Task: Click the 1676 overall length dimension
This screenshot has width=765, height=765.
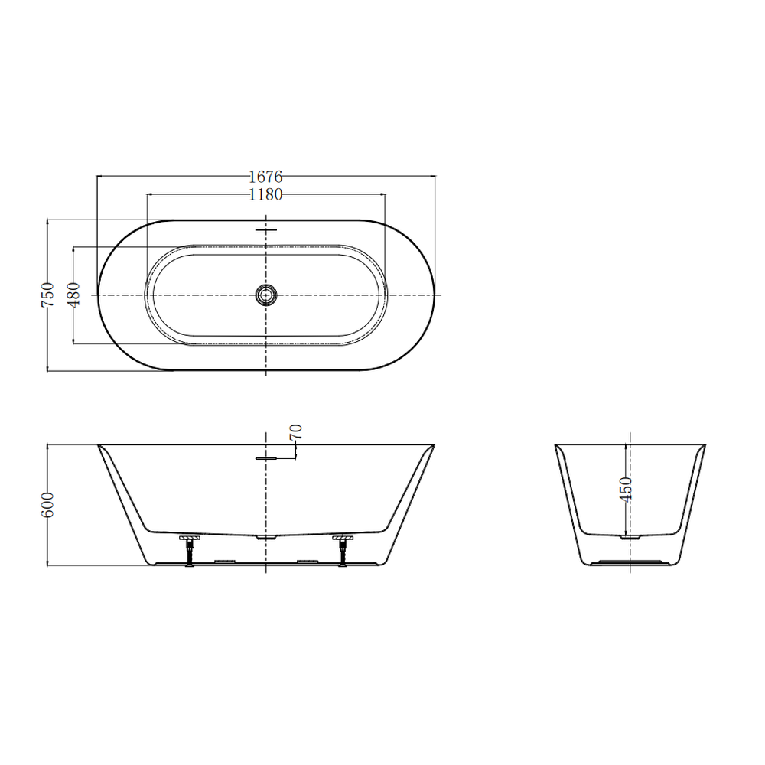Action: coord(266,176)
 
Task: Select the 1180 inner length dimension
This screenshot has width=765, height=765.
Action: coord(266,194)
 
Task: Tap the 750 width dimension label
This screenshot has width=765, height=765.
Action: coord(47,295)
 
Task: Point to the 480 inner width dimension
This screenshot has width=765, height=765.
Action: coord(73,295)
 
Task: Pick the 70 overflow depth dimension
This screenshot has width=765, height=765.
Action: coord(296,431)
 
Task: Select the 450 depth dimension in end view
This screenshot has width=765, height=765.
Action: coord(626,489)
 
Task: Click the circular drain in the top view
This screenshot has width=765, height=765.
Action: coord(266,295)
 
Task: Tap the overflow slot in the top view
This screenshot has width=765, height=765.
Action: coord(266,229)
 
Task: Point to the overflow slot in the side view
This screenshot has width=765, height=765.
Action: coord(266,458)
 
